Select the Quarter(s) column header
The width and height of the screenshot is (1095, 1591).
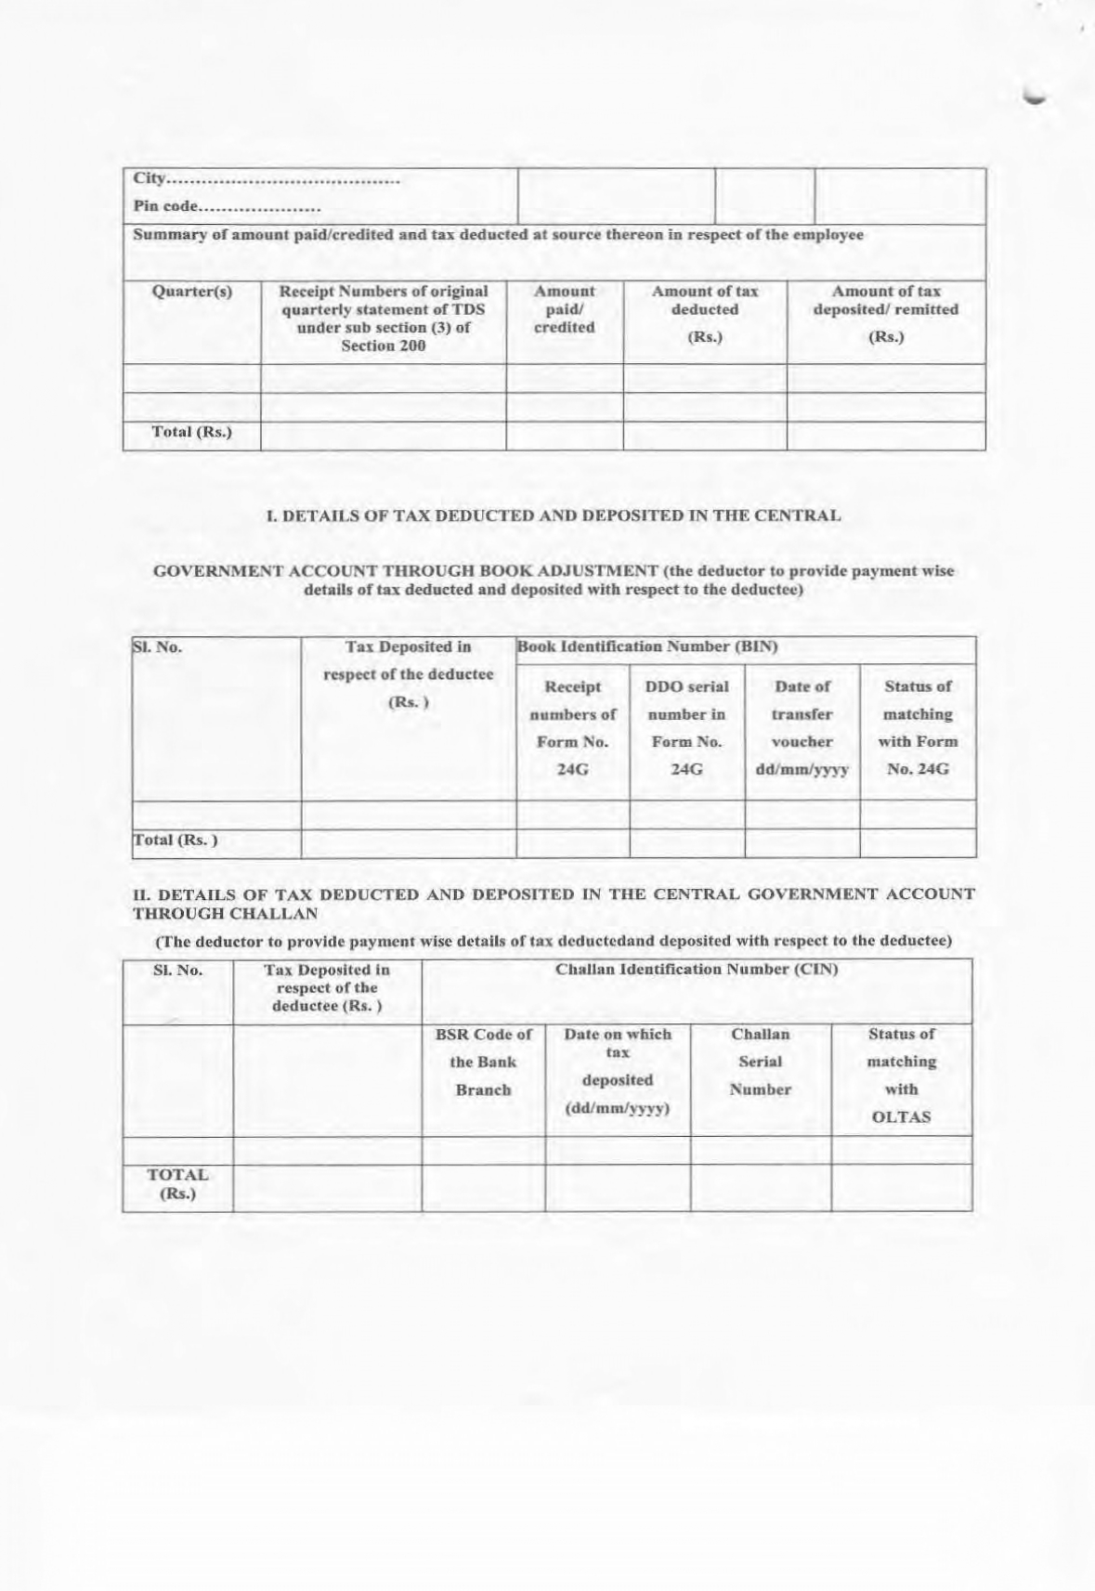(x=192, y=292)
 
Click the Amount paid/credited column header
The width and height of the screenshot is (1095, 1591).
(x=565, y=309)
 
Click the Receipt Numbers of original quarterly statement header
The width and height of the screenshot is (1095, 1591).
(x=384, y=318)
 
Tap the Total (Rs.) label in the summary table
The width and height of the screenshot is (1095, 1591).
(x=192, y=432)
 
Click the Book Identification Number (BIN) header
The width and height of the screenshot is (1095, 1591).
(x=647, y=646)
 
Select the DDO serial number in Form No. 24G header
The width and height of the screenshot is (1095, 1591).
(x=686, y=727)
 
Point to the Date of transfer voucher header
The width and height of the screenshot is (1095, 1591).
(x=802, y=727)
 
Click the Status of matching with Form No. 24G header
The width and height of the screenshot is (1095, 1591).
(x=918, y=727)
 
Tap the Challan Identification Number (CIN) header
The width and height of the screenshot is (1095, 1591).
(x=697, y=970)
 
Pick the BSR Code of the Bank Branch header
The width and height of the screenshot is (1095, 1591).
(x=483, y=1062)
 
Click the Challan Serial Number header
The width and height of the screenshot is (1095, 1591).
(x=760, y=1062)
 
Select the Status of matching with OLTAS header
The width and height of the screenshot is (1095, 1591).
(x=901, y=1076)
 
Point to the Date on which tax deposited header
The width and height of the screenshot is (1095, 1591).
(x=618, y=1071)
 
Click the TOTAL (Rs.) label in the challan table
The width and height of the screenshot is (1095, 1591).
(x=177, y=1184)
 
